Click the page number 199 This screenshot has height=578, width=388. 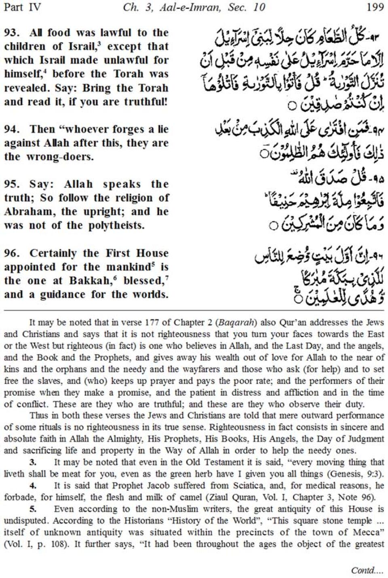[375, 7]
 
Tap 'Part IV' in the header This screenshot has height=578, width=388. [22, 7]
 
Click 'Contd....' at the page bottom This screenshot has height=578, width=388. [367, 570]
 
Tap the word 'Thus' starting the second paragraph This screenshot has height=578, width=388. [38, 416]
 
